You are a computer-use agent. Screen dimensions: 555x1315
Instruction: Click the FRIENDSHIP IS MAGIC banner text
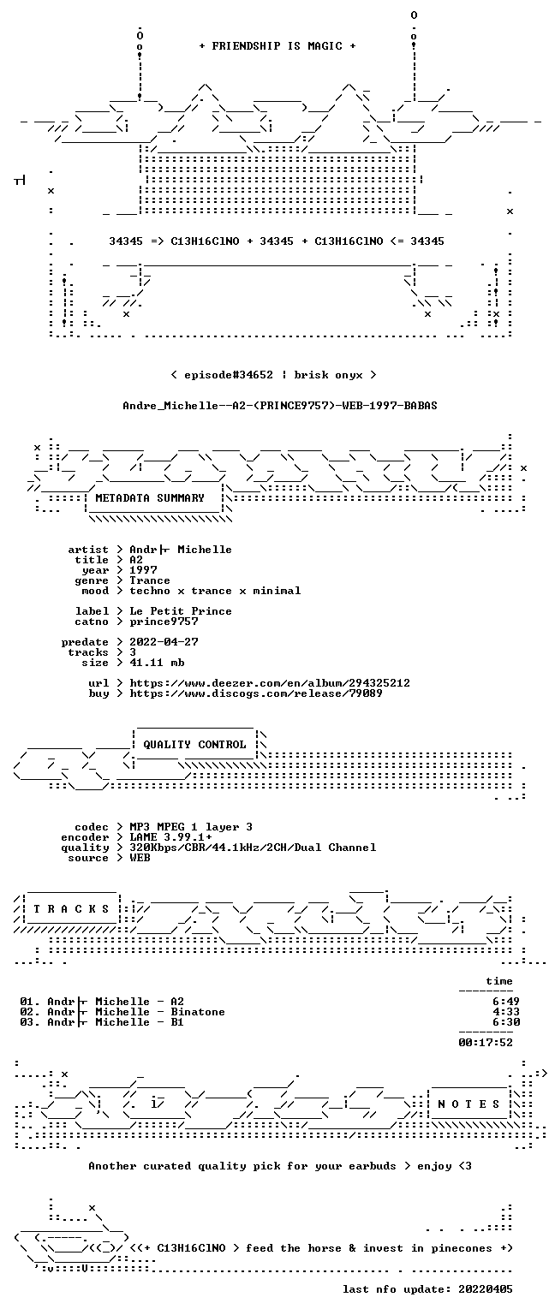[277, 45]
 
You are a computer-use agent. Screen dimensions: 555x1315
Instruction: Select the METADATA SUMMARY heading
[150, 497]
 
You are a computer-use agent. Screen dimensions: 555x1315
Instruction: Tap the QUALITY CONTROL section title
[194, 744]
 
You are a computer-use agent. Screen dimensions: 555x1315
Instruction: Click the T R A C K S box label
[71, 909]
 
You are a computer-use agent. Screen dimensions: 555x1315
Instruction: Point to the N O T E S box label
[468, 1104]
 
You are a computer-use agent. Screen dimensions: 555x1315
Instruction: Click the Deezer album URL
[270, 682]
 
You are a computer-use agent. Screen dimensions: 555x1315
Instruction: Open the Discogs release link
[256, 693]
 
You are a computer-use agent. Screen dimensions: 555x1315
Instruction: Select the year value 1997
[143, 570]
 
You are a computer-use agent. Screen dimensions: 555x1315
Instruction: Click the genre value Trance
[150, 580]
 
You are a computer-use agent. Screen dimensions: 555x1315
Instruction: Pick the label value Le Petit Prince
[181, 611]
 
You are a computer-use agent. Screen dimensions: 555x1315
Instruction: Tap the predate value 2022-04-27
[164, 641]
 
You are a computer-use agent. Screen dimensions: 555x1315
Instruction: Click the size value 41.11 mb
[157, 662]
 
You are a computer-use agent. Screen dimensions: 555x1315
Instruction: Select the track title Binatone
[198, 1011]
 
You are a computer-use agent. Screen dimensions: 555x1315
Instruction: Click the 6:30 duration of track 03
[506, 1022]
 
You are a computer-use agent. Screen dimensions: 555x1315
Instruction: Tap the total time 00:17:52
[486, 1043]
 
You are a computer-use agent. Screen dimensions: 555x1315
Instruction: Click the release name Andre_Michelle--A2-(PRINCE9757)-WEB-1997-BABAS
[280, 406]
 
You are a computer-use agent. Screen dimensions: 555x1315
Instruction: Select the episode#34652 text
[229, 374]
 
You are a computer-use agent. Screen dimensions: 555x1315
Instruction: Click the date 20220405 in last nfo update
[486, 1289]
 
